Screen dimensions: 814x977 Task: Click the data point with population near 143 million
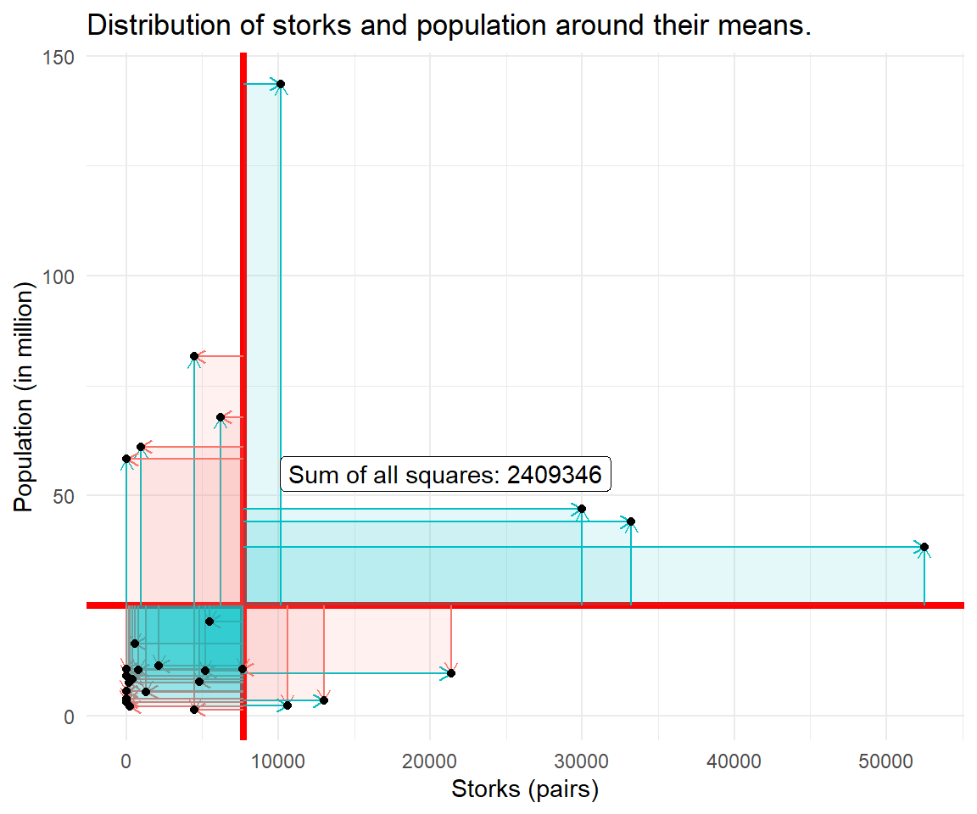point(281,84)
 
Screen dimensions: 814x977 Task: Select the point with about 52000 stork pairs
point(924,547)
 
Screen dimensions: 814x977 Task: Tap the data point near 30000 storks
point(582,509)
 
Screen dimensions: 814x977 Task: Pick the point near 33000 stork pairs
point(631,521)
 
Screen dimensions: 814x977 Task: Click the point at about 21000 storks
point(451,673)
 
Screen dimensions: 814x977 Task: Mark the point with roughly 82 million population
point(194,356)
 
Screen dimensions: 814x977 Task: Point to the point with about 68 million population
point(221,417)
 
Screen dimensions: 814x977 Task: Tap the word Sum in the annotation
point(307,475)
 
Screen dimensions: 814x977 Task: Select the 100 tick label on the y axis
point(64,276)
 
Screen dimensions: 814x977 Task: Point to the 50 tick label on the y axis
point(68,495)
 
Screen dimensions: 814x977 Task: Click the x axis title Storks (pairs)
point(525,789)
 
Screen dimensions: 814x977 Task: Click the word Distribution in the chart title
point(157,25)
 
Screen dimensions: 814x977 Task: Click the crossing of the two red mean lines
point(243,605)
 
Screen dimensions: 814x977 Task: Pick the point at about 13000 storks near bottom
point(324,700)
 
